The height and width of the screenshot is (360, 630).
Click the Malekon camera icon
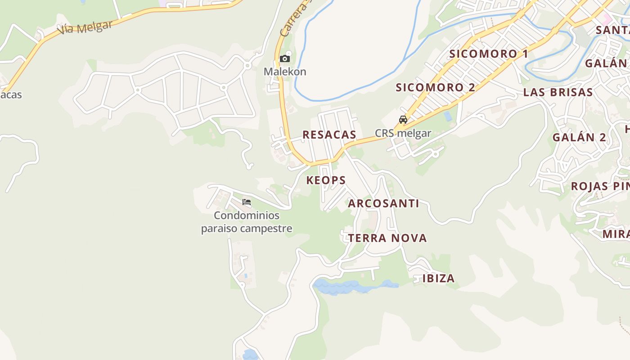(284, 59)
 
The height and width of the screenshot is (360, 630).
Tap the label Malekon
(285, 72)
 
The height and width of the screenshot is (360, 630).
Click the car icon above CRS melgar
(403, 120)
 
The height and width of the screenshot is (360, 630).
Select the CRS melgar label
(403, 133)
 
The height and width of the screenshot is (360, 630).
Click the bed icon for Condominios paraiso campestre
(247, 202)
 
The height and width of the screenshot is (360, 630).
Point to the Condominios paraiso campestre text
(247, 222)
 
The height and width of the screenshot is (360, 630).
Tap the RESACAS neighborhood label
(329, 135)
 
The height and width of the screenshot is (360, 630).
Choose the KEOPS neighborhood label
(326, 180)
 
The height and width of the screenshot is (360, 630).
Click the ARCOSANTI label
(384, 203)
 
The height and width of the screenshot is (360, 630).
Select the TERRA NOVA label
(387, 238)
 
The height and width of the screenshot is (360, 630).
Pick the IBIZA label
(438, 279)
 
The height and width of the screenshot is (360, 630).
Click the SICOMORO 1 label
(489, 54)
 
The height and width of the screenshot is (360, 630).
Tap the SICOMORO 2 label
(435, 87)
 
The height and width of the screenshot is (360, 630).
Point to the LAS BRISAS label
(558, 92)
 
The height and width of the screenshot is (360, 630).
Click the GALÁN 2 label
(580, 137)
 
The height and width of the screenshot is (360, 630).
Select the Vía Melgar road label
(85, 28)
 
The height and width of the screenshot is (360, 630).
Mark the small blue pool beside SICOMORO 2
(448, 116)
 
